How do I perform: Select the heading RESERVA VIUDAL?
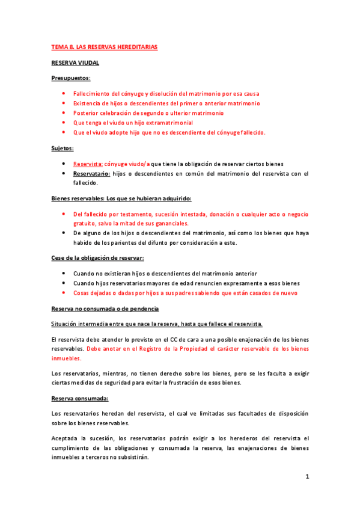tap(75, 62)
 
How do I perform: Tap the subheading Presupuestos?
tap(71, 78)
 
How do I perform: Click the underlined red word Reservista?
tap(88, 164)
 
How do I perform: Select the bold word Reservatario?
tap(92, 174)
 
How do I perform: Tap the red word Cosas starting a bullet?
tap(82, 293)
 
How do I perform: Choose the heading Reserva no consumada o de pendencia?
tap(105, 309)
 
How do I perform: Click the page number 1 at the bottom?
tap(307, 477)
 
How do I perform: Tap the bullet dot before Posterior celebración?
tap(64, 112)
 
